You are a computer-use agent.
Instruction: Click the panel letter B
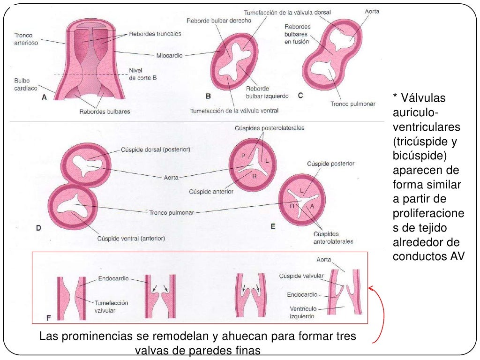209,96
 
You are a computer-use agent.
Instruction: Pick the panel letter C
300,96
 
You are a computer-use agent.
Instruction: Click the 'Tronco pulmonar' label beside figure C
352,104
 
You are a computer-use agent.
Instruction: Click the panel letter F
48,318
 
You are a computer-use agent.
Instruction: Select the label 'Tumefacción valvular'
112,307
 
